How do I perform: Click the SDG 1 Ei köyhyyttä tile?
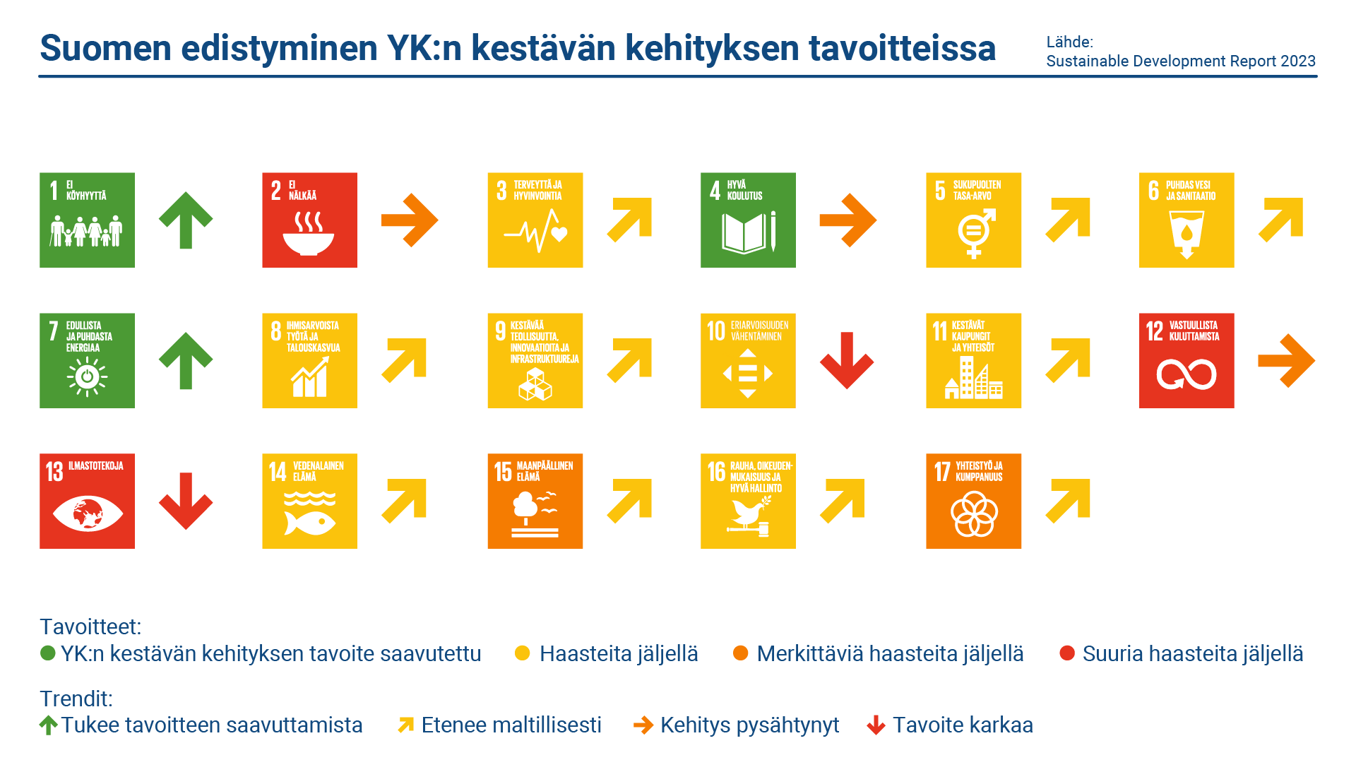[87, 220]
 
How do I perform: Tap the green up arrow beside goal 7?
[186, 360]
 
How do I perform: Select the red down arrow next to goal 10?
[847, 360]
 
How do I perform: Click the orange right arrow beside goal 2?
[410, 220]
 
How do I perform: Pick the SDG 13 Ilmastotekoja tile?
[87, 501]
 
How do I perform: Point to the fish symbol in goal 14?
[309, 523]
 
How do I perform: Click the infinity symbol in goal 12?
[1186, 374]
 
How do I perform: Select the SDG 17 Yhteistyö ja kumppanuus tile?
[973, 501]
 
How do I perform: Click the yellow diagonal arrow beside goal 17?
[1068, 501]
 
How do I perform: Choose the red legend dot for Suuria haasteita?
[1067, 653]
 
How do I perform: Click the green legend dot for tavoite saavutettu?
[47, 653]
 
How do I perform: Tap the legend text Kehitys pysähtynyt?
[749, 725]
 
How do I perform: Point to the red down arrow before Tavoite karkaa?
[876, 725]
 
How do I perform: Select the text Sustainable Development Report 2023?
[1181, 61]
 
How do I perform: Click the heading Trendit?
[76, 699]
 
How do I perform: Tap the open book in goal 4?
[744, 233]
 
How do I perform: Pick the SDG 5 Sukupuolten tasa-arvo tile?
[973, 220]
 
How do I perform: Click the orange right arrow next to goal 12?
[1286, 360]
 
